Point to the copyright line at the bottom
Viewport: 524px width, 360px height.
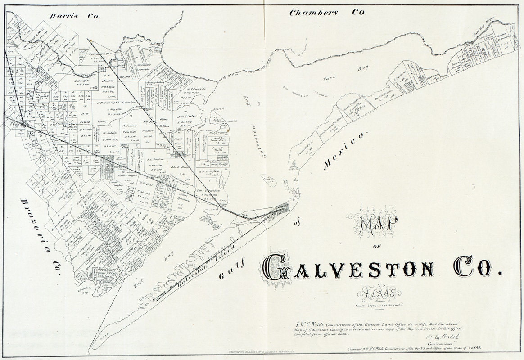[414, 348]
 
